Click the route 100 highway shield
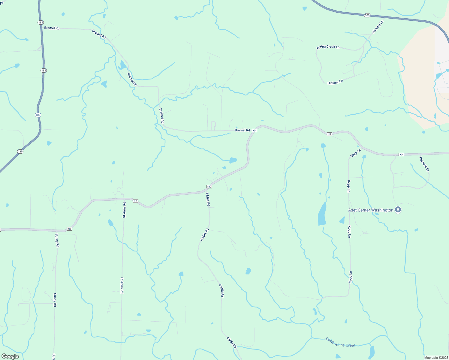[367, 15]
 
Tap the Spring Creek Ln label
[328, 47]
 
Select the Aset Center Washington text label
[370, 210]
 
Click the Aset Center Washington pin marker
[398, 210]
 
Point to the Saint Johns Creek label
[341, 342]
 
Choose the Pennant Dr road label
[424, 164]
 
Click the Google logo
[10, 356]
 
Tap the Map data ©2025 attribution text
[436, 358]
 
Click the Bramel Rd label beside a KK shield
[242, 130]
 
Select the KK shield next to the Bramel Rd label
[255, 130]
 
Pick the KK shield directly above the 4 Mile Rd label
[209, 187]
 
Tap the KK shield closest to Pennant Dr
[401, 154]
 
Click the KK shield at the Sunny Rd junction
[69, 229]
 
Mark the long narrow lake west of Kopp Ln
[322, 214]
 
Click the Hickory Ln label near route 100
[378, 27]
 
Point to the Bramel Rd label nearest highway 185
[52, 28]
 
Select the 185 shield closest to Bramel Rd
[41, 22]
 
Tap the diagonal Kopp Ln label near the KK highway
[355, 153]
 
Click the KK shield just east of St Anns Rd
[135, 201]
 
